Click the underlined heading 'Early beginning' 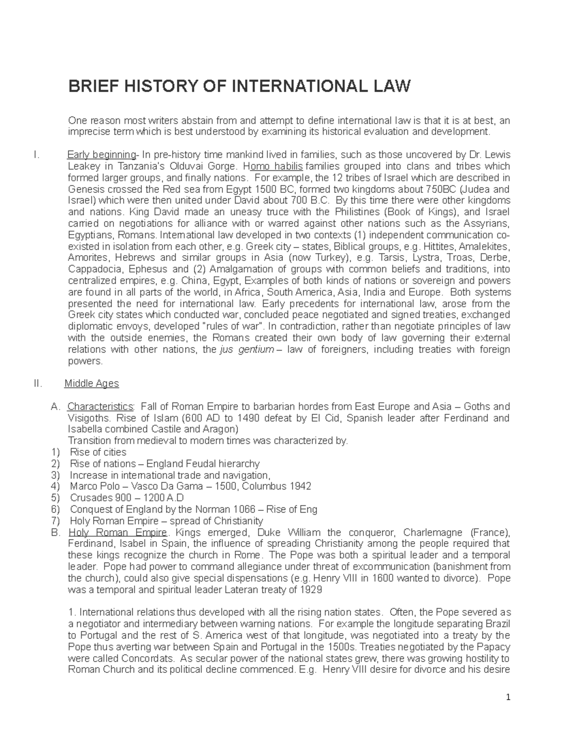(x=102, y=155)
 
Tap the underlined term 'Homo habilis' (x=274, y=166)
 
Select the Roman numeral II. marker (x=38, y=384)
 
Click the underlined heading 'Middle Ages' (x=92, y=384)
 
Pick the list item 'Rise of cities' (x=98, y=452)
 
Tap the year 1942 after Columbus (x=298, y=487)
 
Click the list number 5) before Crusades (x=55, y=498)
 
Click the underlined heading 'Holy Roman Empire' (x=118, y=533)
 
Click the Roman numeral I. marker (x=36, y=155)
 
